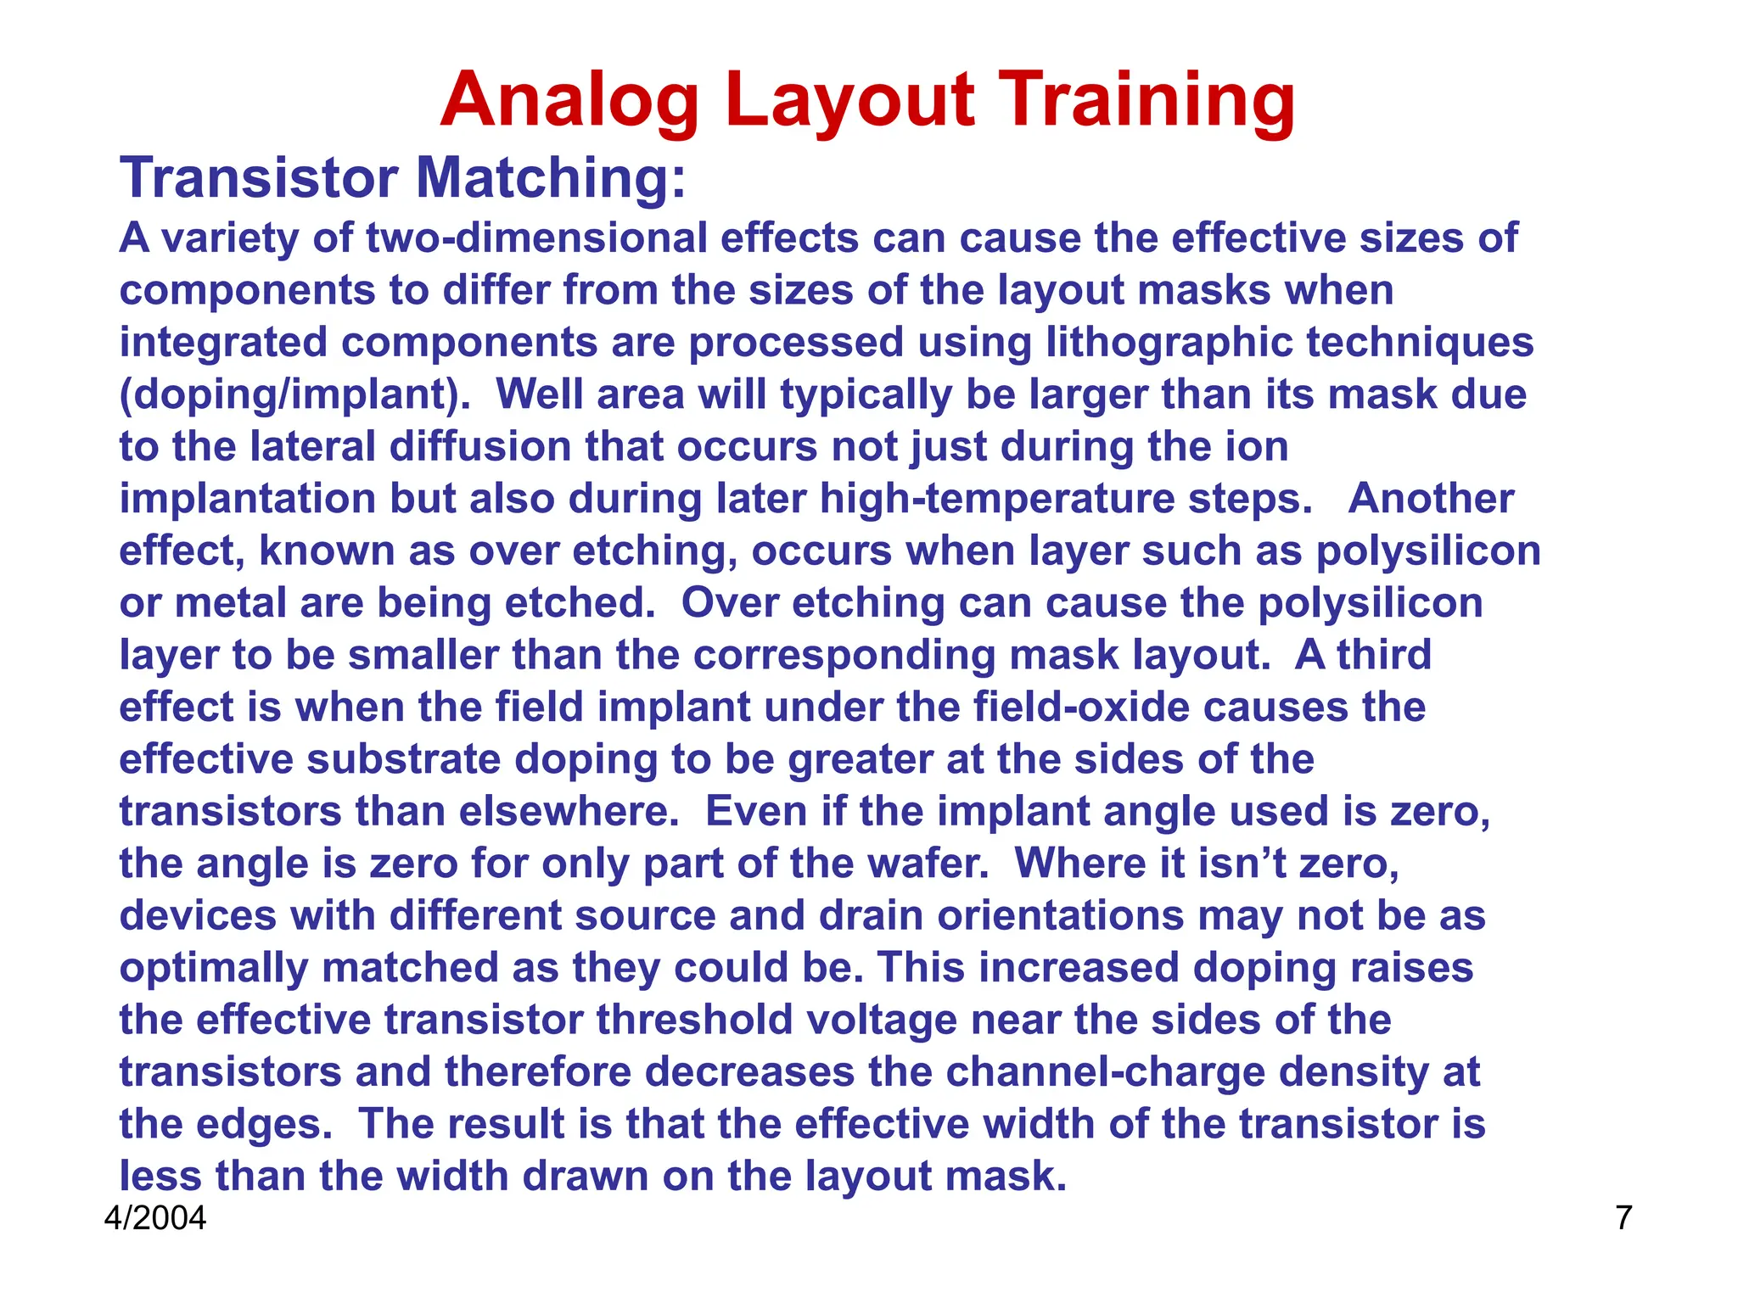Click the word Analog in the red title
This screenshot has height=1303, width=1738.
(569, 102)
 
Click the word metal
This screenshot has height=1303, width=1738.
(230, 603)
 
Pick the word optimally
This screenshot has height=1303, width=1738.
(213, 969)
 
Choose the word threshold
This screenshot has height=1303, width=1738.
(695, 1021)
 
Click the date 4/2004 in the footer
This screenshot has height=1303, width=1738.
(155, 1218)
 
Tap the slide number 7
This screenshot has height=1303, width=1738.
(1623, 1218)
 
